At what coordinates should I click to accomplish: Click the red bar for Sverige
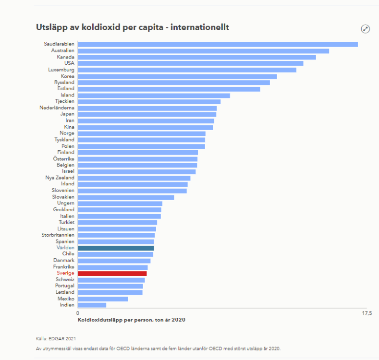click(x=112, y=274)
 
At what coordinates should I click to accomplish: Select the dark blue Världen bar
click(x=116, y=248)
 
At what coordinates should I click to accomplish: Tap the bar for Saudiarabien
click(x=218, y=45)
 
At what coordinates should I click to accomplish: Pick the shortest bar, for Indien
click(x=92, y=305)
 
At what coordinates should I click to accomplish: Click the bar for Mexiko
click(x=103, y=299)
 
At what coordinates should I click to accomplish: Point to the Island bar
click(x=154, y=96)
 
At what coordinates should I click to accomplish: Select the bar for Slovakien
click(x=126, y=197)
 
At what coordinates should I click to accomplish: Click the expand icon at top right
click(x=365, y=29)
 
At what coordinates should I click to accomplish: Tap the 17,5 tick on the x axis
click(x=367, y=313)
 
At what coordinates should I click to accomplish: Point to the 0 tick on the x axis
click(x=78, y=313)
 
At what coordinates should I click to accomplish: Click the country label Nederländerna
click(x=57, y=108)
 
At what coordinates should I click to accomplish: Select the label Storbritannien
click(x=58, y=235)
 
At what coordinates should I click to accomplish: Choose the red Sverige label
click(x=65, y=273)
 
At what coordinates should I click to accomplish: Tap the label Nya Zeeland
click(x=60, y=178)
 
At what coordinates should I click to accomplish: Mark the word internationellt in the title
click(x=200, y=27)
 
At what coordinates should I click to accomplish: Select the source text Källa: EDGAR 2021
click(x=56, y=339)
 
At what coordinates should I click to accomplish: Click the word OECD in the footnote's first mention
click(x=123, y=348)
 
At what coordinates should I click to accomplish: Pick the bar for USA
click(x=191, y=63)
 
